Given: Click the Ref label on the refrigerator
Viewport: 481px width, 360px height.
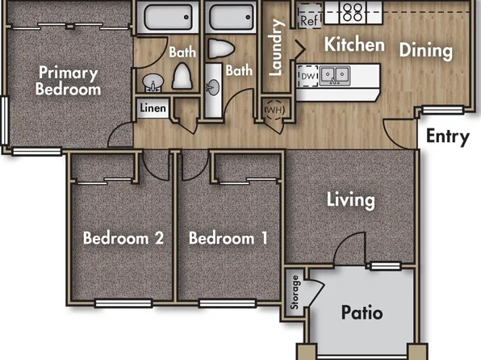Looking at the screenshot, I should (308, 21).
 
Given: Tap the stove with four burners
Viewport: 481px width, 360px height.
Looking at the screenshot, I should (353, 11).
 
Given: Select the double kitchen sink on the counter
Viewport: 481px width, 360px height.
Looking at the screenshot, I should (333, 75).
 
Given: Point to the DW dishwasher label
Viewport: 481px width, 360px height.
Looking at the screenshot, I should (307, 75).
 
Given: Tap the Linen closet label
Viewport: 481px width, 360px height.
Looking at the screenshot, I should (153, 108).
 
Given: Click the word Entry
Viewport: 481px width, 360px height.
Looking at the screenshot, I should (447, 136).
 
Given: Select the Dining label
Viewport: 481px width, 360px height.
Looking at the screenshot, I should (425, 50).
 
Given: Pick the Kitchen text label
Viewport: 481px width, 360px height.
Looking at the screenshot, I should (354, 44).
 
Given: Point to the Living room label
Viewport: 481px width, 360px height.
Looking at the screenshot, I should (350, 199).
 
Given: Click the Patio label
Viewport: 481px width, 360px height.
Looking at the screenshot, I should (361, 312).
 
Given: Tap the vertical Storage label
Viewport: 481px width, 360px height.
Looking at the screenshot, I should (295, 294).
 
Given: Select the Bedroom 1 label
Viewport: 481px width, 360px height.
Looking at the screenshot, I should (228, 239).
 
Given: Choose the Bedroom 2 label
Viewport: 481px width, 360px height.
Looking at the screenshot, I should (124, 239).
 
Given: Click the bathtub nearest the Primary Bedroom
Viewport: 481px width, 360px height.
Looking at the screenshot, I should (165, 17).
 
